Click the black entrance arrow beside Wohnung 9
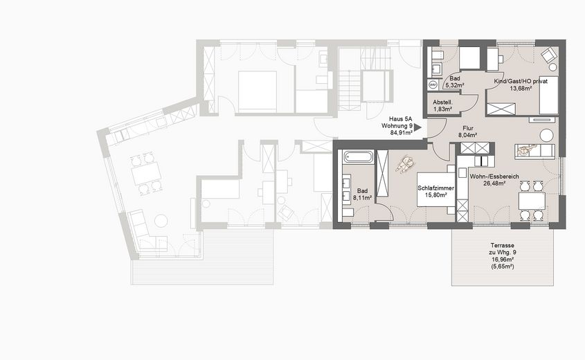pos(417,127)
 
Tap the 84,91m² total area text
pos(397,134)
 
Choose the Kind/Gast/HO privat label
pos(521,82)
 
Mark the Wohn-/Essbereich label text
pos(494,177)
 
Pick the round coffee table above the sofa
pos(547,135)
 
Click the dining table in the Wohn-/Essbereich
pos(532,201)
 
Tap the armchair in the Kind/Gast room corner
pos(548,55)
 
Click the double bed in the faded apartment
pos(258,90)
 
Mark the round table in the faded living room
pos(161,221)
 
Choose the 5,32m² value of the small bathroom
pos(454,86)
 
